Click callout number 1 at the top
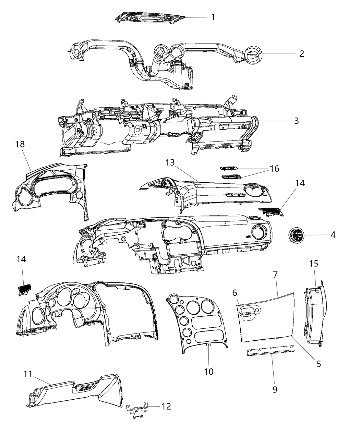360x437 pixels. [x=213, y=17]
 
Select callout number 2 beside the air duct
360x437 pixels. [x=301, y=54]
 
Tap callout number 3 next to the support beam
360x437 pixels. [x=296, y=121]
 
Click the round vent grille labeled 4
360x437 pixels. [x=296, y=235]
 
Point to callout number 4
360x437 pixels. [x=333, y=235]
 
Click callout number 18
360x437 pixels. [x=20, y=144]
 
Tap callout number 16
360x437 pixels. [x=274, y=169]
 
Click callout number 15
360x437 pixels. [x=314, y=264]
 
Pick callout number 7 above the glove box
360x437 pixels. [x=275, y=275]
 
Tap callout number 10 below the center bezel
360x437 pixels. [x=209, y=372]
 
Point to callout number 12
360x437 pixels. [x=166, y=406]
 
